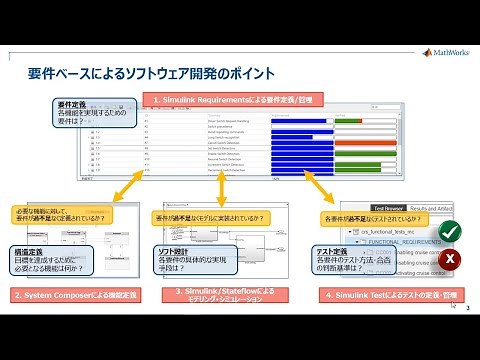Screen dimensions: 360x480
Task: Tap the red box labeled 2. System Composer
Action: tap(76, 295)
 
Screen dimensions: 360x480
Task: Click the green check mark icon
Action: tap(450, 229)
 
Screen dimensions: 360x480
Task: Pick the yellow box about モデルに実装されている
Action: tap(210, 217)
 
